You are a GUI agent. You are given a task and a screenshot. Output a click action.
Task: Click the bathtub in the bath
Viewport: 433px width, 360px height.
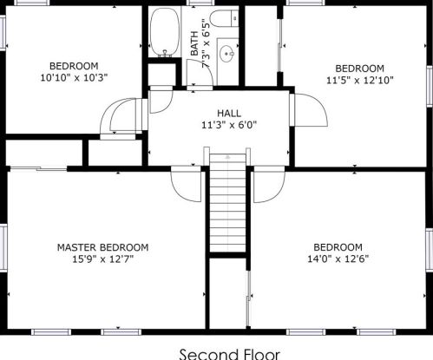(x=165, y=32)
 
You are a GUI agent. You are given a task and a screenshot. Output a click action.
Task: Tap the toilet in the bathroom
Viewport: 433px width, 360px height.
(x=224, y=18)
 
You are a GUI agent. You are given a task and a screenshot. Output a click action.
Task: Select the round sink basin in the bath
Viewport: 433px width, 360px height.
(x=226, y=54)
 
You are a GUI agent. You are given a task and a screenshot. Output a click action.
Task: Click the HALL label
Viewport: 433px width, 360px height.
(x=229, y=113)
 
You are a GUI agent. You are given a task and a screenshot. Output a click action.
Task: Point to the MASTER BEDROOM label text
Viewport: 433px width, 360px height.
(x=103, y=247)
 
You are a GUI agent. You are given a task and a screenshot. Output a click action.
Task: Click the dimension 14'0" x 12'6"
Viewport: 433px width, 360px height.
(x=338, y=259)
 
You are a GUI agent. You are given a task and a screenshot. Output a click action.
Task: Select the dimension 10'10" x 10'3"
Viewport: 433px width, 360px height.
(x=74, y=77)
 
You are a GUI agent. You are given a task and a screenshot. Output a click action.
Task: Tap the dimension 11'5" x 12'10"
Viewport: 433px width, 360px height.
(x=360, y=80)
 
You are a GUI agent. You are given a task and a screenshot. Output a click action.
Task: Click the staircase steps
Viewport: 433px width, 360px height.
(x=227, y=203)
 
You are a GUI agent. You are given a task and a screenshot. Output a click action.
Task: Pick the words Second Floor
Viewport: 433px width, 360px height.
(x=230, y=354)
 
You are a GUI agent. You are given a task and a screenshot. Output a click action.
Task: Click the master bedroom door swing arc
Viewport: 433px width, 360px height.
(x=186, y=185)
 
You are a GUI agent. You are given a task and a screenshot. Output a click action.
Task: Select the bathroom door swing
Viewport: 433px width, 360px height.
(x=200, y=73)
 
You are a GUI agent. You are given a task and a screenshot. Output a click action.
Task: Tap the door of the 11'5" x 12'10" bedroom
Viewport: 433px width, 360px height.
(x=309, y=110)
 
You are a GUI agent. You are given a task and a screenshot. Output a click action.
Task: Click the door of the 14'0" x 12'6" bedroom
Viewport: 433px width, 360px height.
(x=269, y=184)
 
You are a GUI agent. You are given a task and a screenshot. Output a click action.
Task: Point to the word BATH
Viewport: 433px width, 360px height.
(x=194, y=43)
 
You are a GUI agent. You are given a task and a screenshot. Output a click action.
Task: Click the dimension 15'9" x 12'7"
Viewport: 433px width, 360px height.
(x=103, y=259)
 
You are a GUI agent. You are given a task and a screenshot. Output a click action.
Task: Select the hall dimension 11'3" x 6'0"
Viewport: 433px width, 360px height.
(x=229, y=125)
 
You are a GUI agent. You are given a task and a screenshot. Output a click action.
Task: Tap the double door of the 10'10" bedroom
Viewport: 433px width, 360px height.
(x=123, y=115)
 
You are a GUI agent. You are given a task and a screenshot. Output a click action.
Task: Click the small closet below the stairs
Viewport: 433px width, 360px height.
(x=227, y=293)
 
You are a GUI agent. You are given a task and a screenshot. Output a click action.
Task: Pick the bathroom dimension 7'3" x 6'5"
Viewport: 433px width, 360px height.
(x=206, y=43)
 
